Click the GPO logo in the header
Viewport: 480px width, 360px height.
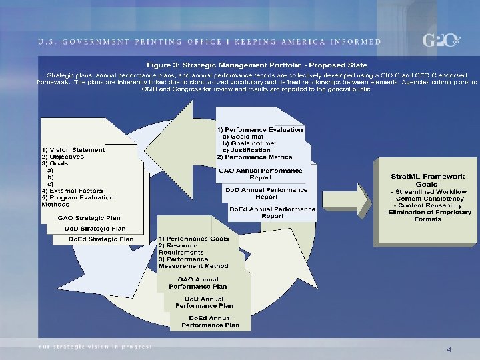pos(441,40)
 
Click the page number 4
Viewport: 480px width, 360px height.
pos(449,349)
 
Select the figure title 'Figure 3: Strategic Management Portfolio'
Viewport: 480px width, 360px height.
pos(257,65)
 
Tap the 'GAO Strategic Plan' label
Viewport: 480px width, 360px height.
pos(89,217)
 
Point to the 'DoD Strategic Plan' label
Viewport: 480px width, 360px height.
pos(95,228)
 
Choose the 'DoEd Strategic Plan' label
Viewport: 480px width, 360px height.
pos(101,239)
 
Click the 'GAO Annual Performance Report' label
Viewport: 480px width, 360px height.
pos(251,173)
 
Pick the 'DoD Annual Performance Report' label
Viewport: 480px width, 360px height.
pos(266,193)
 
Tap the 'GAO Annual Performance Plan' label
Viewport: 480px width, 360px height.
pos(197,283)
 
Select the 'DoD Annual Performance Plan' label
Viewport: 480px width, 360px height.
pos(204,302)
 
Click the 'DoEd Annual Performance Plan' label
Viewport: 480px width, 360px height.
pos(210,321)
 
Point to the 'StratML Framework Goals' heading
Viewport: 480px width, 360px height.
pos(427,180)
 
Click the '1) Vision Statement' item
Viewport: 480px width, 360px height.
pos(73,150)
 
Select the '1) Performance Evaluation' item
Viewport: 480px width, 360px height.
pos(260,129)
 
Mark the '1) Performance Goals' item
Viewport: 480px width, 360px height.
pos(194,239)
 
